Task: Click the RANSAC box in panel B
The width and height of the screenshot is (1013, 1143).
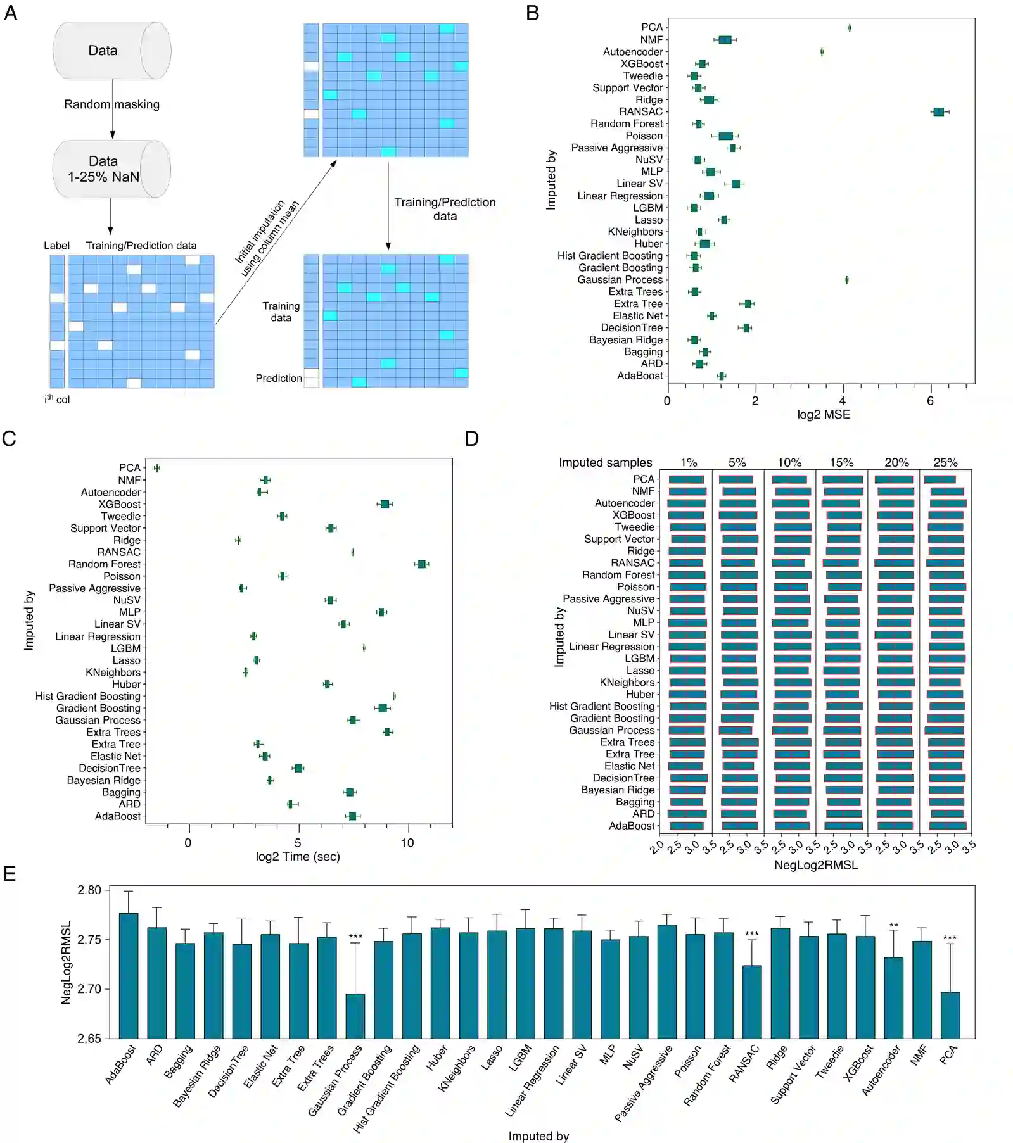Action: tap(938, 112)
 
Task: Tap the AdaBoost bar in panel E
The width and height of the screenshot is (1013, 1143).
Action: tap(129, 975)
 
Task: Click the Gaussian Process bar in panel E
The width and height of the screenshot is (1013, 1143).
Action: tap(355, 1016)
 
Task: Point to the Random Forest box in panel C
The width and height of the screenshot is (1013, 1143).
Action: tap(421, 564)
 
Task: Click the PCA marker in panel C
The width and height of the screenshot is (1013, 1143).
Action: tap(156, 468)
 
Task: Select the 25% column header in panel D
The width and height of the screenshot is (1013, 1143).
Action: tap(945, 462)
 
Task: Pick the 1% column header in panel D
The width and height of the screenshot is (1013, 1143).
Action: tap(688, 462)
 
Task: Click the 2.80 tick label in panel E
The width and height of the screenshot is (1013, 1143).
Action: tap(89, 890)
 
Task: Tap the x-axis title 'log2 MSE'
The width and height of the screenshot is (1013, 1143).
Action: tap(823, 414)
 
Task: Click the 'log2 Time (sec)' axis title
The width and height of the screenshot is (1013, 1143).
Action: tap(297, 856)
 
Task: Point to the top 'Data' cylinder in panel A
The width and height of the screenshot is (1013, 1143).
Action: tap(111, 51)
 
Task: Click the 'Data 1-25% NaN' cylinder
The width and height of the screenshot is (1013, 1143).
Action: tap(111, 169)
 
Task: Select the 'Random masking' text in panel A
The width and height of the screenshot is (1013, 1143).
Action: tap(111, 104)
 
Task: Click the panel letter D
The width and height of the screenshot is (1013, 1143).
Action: tap(471, 438)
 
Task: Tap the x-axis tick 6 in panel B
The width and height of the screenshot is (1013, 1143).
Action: tap(929, 400)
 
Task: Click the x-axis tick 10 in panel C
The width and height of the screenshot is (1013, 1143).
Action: tap(407, 842)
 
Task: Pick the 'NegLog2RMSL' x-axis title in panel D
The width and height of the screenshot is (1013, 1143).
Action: tap(815, 864)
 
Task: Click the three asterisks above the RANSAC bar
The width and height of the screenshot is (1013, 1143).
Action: tap(751, 935)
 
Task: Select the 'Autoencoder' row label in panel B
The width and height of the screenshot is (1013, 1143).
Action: tap(632, 52)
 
